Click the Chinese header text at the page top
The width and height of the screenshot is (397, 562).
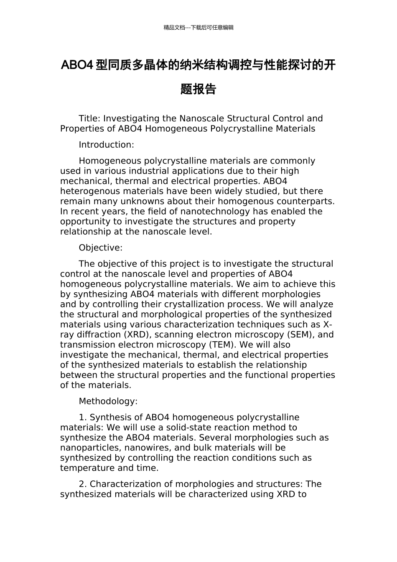(198, 28)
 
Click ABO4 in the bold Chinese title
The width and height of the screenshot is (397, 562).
(77, 65)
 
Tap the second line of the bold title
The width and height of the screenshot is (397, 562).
(198, 89)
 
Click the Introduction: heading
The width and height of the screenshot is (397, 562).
(106, 145)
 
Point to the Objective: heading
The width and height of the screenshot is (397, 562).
(100, 248)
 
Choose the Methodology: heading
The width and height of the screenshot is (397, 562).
(108, 401)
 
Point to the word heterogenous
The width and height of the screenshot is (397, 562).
(86, 191)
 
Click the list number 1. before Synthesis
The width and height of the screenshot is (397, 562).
(83, 417)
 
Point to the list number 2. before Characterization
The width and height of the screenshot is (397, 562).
(83, 484)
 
